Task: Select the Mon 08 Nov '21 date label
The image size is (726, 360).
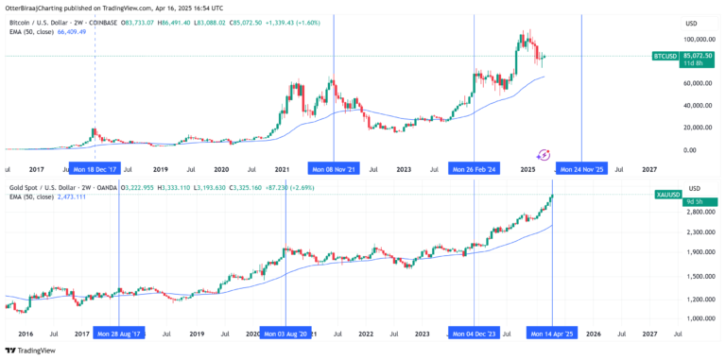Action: pyautogui.click(x=335, y=169)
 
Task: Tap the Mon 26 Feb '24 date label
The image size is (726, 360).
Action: pyautogui.click(x=474, y=169)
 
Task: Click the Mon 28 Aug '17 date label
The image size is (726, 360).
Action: pyautogui.click(x=120, y=334)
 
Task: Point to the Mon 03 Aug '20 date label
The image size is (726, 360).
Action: pyautogui.click(x=286, y=334)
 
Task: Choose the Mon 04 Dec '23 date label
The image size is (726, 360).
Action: pyautogui.click(x=475, y=334)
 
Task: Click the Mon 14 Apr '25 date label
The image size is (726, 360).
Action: pyautogui.click(x=552, y=334)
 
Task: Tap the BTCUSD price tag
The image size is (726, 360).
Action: pyautogui.click(x=666, y=57)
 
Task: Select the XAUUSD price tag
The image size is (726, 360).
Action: pyautogui.click(x=666, y=194)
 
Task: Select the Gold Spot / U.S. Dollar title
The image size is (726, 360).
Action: pyautogui.click(x=48, y=189)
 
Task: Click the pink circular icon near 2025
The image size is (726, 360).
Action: pyautogui.click(x=544, y=153)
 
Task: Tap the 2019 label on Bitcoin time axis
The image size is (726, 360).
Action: pyautogui.click(x=161, y=169)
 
